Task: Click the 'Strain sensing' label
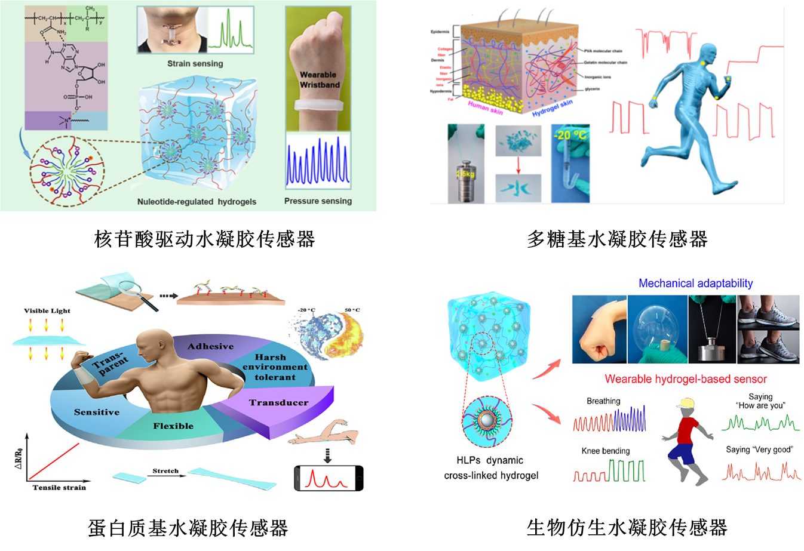[x=195, y=63]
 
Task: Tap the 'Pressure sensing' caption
[x=318, y=201]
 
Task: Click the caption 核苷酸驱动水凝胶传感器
[x=204, y=239]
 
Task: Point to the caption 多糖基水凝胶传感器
[x=617, y=239]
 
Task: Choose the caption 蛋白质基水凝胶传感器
[x=188, y=528]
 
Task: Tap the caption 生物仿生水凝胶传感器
[x=627, y=528]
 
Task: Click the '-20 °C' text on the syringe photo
[x=570, y=135]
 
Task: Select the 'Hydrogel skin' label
[x=553, y=107]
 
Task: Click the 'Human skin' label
[x=486, y=107]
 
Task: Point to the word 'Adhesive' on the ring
[x=210, y=346]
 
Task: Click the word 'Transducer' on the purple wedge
[x=279, y=403]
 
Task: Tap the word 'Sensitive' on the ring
[x=97, y=412]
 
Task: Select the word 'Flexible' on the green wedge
[x=173, y=426]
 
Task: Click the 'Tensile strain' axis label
[x=59, y=487]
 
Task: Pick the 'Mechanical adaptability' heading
[x=695, y=284]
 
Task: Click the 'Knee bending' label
[x=606, y=451]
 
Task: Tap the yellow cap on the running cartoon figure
[x=685, y=403]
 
